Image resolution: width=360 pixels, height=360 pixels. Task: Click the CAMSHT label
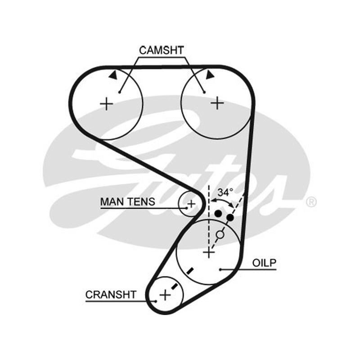162,50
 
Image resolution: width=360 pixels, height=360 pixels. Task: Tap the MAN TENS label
128,202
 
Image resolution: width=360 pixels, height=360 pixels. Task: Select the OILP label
264,263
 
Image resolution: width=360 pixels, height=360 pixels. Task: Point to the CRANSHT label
111,295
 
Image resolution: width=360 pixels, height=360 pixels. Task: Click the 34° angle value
225,193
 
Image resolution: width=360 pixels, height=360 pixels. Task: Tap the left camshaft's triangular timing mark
113,75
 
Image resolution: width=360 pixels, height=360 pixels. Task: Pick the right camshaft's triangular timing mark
210,75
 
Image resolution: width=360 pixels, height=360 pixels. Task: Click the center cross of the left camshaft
107,104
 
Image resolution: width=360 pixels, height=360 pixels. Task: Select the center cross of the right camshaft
217,103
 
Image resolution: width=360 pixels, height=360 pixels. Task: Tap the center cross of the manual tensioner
191,204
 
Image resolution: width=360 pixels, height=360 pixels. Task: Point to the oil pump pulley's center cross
209,253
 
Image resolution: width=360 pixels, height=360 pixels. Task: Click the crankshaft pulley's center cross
165,295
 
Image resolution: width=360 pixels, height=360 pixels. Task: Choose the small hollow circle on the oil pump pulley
220,234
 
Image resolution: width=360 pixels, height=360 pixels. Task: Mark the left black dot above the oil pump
218,213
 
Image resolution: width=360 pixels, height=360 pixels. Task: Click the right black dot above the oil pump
230,217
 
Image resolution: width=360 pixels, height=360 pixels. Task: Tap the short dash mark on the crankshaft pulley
175,286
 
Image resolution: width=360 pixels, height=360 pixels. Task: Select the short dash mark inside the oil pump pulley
190,271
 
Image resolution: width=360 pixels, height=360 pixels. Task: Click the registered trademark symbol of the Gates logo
311,202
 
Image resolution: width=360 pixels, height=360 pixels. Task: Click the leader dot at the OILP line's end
220,270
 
